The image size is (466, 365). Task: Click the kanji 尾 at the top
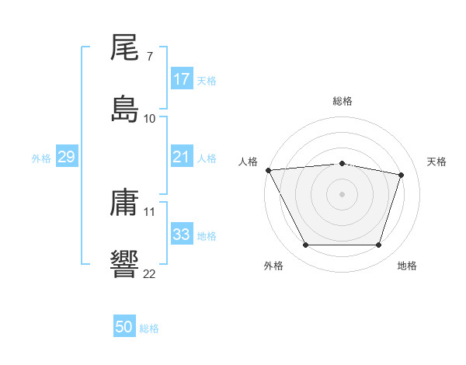pyautogui.click(x=124, y=49)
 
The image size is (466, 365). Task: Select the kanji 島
pyautogui.click(x=124, y=108)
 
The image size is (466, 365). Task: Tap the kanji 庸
pyautogui.click(x=124, y=204)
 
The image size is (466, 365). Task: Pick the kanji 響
pyautogui.click(x=124, y=263)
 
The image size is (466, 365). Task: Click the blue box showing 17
pyautogui.click(x=182, y=79)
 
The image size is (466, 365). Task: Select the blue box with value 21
pyautogui.click(x=182, y=158)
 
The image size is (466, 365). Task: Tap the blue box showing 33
pyautogui.click(x=182, y=235)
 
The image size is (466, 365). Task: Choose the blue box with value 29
pyautogui.click(x=66, y=158)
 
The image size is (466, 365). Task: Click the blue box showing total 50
pyautogui.click(x=124, y=328)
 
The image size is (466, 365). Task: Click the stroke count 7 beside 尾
pyautogui.click(x=149, y=57)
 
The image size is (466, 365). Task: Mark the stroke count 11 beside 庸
pyautogui.click(x=150, y=211)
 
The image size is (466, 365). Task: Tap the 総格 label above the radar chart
pyautogui.click(x=343, y=102)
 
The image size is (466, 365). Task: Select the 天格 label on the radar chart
pyautogui.click(x=437, y=162)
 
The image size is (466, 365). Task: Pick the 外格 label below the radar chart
pyautogui.click(x=273, y=266)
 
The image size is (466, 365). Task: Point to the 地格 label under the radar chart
pyautogui.click(x=407, y=266)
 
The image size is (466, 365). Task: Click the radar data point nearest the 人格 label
pyautogui.click(x=268, y=170)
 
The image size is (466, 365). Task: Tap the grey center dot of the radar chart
pyautogui.click(x=342, y=194)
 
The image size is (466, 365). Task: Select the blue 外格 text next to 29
pyautogui.click(x=41, y=158)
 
